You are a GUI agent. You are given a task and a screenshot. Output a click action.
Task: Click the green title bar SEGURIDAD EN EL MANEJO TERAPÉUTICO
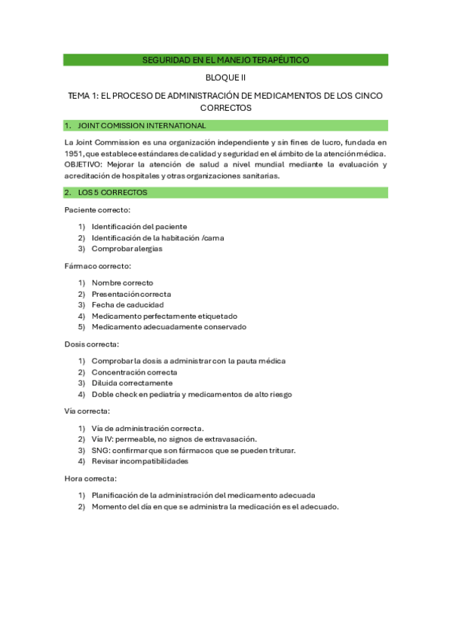point(225,60)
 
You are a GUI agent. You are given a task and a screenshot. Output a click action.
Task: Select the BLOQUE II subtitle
point(225,78)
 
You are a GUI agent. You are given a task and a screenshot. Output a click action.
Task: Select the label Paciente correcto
point(97,209)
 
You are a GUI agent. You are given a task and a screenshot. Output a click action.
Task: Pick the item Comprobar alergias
point(127,249)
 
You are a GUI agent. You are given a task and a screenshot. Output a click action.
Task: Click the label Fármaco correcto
point(98,266)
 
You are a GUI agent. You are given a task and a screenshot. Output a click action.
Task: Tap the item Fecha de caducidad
point(127,305)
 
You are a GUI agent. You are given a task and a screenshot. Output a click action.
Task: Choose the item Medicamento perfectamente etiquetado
point(164,316)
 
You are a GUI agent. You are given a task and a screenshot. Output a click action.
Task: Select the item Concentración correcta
point(134,372)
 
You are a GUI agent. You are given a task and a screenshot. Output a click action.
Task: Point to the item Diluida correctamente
point(132,384)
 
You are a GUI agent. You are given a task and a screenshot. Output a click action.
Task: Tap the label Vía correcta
point(87,411)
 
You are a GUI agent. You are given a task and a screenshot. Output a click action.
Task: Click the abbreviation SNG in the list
point(100,451)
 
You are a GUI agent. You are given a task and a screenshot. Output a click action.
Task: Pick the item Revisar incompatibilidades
point(139,461)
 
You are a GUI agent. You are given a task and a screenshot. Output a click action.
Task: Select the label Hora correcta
point(90,478)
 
